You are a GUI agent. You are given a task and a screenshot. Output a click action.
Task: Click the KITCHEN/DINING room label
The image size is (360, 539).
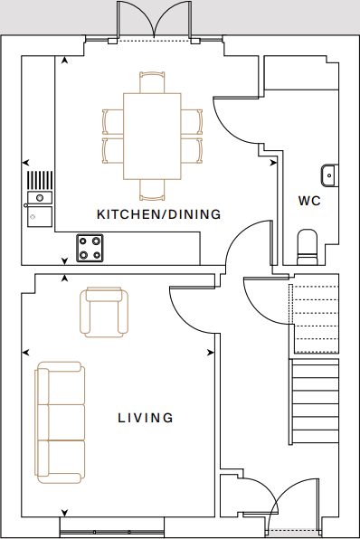(159, 214)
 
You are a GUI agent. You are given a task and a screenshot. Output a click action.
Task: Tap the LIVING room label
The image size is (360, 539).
(146, 418)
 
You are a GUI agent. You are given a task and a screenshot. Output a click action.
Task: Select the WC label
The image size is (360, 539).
(309, 201)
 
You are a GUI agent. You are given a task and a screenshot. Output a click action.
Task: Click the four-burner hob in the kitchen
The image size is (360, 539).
(90, 248)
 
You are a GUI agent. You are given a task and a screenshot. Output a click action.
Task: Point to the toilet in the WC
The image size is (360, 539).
(308, 247)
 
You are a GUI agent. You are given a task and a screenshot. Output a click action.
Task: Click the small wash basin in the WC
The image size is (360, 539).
(330, 175)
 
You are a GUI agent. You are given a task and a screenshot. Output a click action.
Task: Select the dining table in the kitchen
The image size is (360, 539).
(152, 137)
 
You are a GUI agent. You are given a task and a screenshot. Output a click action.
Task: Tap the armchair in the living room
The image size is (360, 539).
(104, 312)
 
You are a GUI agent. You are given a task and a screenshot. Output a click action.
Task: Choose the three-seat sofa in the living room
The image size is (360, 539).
(60, 422)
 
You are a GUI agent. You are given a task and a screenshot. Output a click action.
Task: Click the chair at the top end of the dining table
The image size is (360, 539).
(152, 82)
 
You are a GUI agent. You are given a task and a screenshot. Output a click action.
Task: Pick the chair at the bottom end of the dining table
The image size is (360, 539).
(152, 190)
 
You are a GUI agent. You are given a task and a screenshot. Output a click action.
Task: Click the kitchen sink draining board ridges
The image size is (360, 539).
(40, 180)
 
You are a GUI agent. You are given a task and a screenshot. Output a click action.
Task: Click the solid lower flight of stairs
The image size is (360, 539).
(314, 402)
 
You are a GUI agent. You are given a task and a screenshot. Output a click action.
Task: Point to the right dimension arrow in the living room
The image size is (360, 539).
(211, 353)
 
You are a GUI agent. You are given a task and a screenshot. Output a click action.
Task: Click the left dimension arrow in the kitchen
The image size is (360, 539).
(26, 162)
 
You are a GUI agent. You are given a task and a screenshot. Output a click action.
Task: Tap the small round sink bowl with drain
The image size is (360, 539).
(40, 198)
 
